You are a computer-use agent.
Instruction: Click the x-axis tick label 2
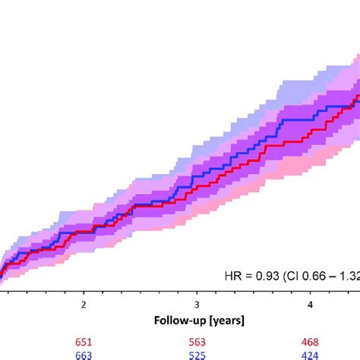point(84,304)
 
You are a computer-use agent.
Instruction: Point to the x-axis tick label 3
point(197,304)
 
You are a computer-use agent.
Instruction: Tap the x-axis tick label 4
point(310,304)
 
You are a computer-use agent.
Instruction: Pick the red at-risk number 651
point(84,342)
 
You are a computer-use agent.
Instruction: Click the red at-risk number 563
point(197,342)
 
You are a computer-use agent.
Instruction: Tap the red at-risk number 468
point(310,342)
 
